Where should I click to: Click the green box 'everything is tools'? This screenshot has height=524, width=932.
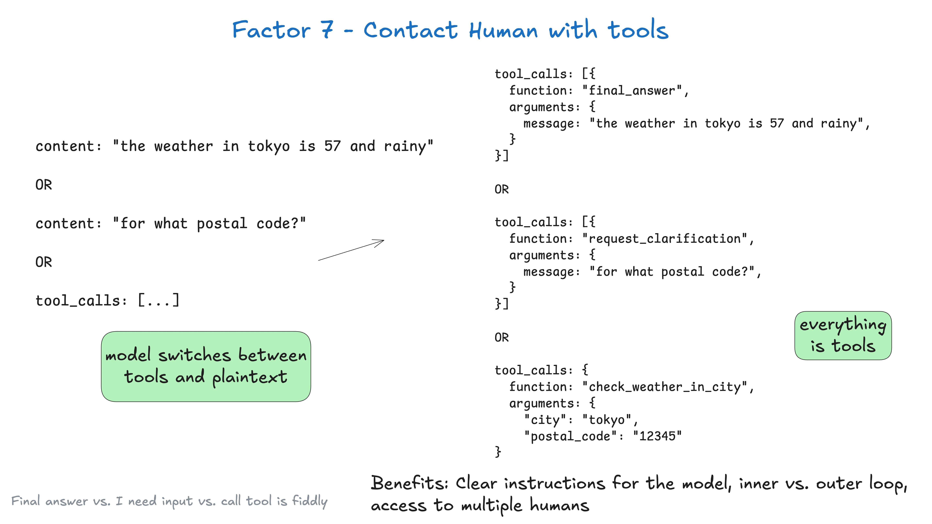[843, 336]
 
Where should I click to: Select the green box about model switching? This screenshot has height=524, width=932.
[206, 366]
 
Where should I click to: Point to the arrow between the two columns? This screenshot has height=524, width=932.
[351, 250]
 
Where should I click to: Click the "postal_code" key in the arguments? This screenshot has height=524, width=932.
[571, 436]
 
